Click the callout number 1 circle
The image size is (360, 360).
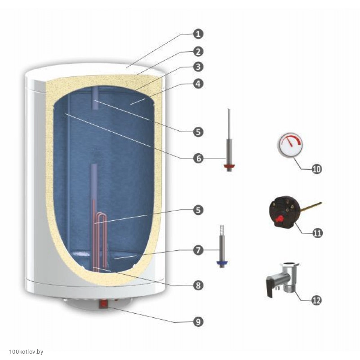click(198, 34)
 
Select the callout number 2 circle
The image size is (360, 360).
click(198, 52)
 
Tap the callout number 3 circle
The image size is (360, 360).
click(198, 67)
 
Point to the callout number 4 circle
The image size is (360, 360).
click(198, 84)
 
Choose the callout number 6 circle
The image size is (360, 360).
click(198, 158)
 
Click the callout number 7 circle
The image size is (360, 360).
click(198, 250)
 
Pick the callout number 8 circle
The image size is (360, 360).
click(198, 285)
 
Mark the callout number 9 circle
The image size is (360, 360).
click(198, 322)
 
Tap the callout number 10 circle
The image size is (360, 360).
click(316, 169)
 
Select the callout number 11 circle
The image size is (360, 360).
click(317, 233)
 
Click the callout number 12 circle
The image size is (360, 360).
click(316, 300)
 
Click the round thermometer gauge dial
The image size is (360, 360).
click(291, 145)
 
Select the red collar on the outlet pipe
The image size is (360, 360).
click(229, 166)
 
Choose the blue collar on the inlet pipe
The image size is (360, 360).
click(222, 262)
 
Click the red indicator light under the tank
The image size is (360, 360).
click(103, 304)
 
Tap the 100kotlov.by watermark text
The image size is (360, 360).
click(26, 352)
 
